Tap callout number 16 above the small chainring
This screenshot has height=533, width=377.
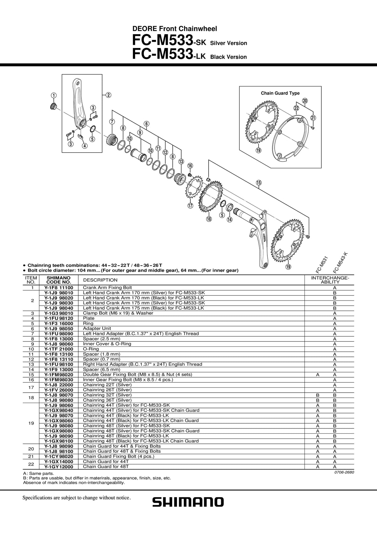coord(190,166)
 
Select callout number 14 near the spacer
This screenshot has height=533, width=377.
coord(229,219)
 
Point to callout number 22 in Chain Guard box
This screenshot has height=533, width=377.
coord(296,108)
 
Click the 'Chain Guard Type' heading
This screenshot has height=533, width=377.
coord(280,93)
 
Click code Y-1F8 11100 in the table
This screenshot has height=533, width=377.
coord(59,287)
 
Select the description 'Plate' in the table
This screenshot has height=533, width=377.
coord(89,318)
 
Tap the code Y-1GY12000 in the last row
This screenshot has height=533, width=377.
coord(59,467)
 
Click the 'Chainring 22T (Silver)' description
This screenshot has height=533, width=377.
coord(107,385)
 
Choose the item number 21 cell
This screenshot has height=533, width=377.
coord(31,456)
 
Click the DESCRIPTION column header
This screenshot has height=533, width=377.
coord(100,280)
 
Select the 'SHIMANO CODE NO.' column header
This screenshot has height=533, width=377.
coord(58,280)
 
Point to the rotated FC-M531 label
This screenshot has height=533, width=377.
coord(322,264)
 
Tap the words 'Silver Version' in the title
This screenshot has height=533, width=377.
coord(228,43)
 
